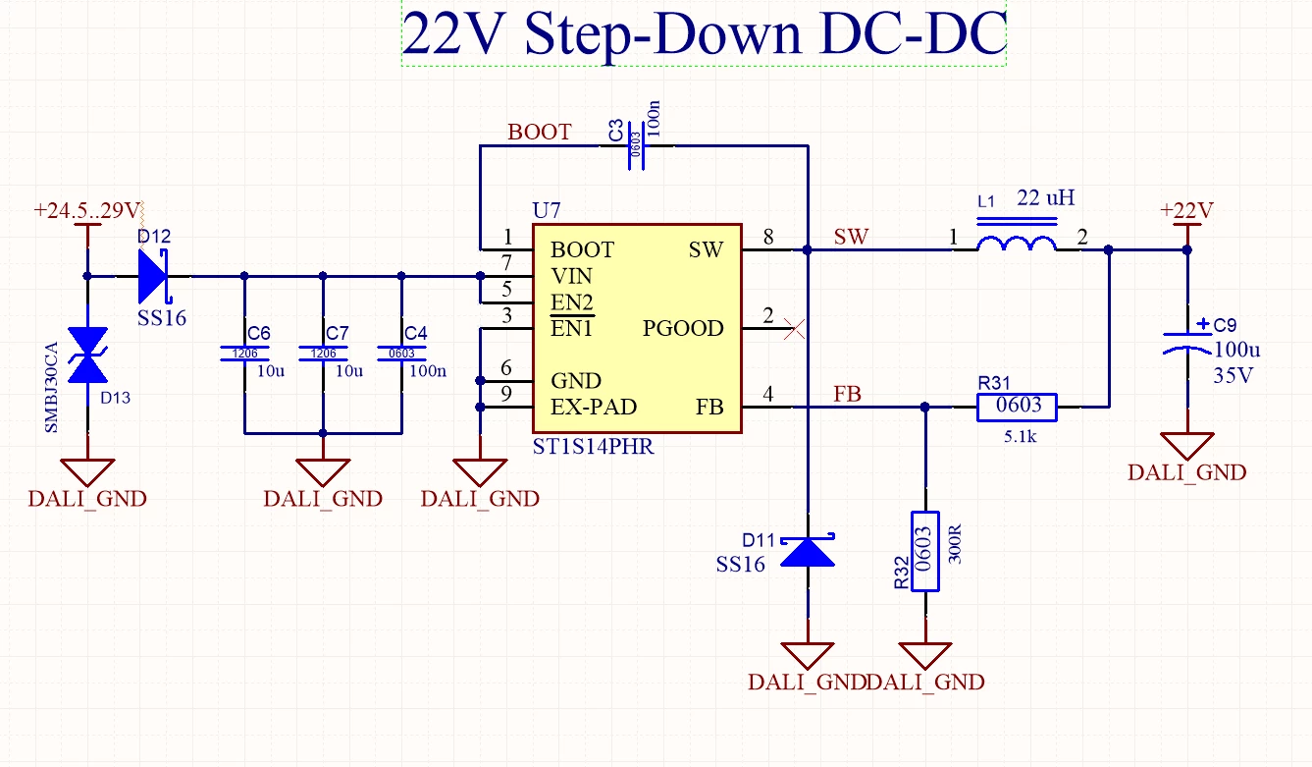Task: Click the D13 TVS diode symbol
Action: [88, 355]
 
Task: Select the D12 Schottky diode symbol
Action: [153, 276]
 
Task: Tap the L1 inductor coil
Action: [1017, 243]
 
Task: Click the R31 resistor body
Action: [1017, 407]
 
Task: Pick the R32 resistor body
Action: [925, 551]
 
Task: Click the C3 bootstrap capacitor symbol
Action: [636, 145]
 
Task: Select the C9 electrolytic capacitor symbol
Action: [1187, 344]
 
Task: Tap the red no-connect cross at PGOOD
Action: [794, 328]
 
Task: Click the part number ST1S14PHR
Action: [593, 447]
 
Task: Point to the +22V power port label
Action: [1186, 210]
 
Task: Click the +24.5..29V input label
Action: [87, 210]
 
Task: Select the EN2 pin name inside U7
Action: [572, 302]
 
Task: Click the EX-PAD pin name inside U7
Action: [594, 407]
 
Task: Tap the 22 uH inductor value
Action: [1045, 198]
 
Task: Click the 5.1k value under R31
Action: [1020, 436]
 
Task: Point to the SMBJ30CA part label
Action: [52, 388]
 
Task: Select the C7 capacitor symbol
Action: [323, 354]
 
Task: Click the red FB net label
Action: [847, 394]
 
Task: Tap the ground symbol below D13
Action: [88, 472]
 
